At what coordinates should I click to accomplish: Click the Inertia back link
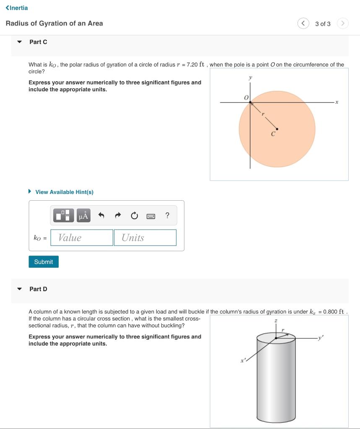click(x=17, y=8)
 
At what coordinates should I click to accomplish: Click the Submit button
click(x=44, y=262)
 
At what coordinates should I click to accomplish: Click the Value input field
click(x=82, y=238)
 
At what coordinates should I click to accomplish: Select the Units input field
click(x=145, y=238)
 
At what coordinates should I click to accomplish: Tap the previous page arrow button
click(x=303, y=23)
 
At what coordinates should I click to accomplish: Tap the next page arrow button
click(x=342, y=23)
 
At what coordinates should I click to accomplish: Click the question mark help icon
click(x=167, y=215)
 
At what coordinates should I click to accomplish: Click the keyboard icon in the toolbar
click(x=151, y=216)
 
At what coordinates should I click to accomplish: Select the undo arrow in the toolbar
click(x=101, y=215)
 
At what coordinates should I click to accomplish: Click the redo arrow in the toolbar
click(x=118, y=215)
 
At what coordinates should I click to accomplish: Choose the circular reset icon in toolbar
click(x=134, y=216)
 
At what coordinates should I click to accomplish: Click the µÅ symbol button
click(x=83, y=215)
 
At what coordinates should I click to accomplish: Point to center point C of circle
click(x=277, y=129)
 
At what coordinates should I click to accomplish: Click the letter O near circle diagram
click(x=246, y=97)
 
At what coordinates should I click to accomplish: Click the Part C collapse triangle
click(x=19, y=42)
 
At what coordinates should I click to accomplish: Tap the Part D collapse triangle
click(x=19, y=289)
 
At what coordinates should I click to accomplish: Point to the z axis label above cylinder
click(x=276, y=320)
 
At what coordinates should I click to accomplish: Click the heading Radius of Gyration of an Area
click(x=54, y=23)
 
